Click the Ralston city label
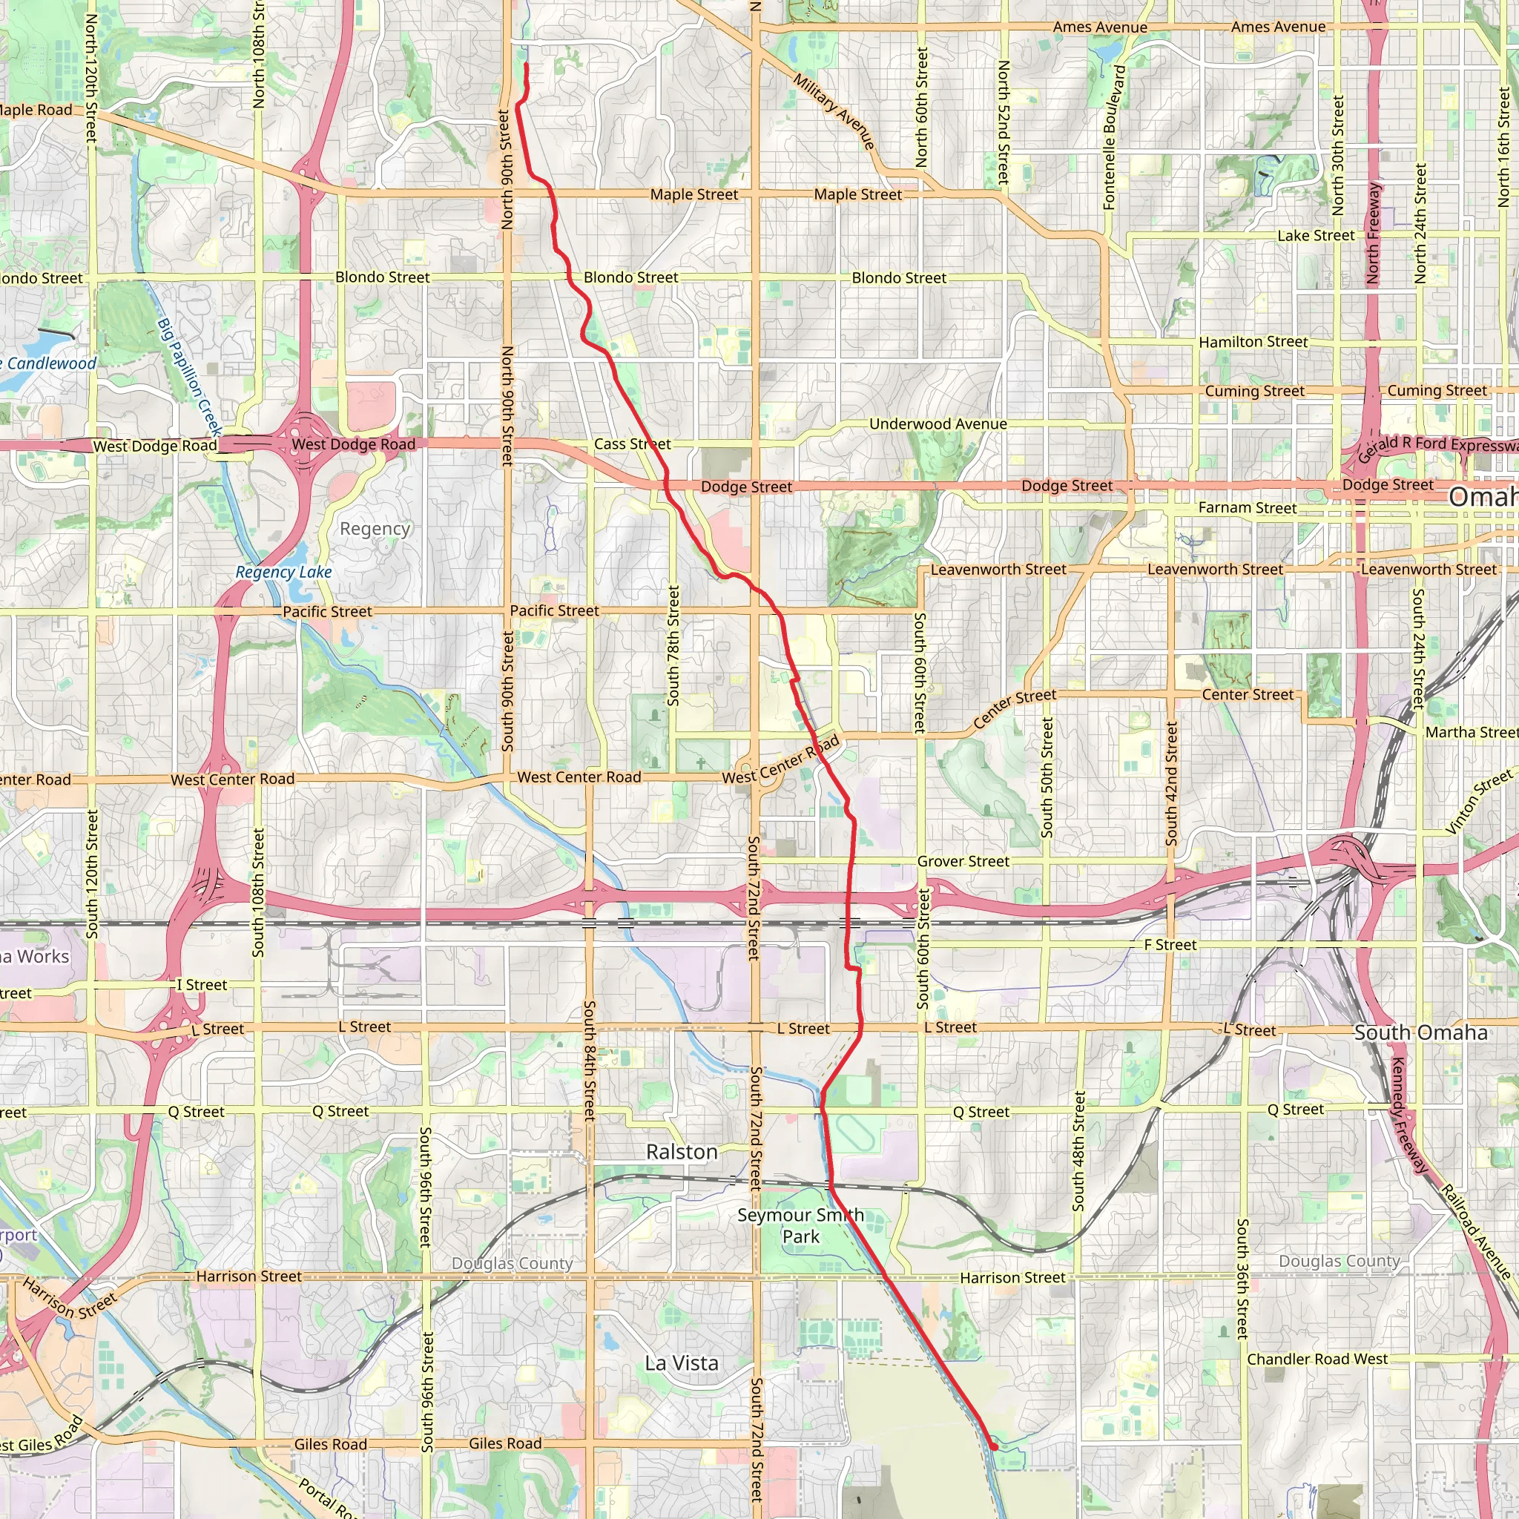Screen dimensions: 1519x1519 point(682,1153)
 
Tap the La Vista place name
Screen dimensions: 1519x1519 point(682,1363)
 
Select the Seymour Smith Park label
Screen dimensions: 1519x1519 point(800,1226)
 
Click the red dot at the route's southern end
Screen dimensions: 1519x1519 point(994,1446)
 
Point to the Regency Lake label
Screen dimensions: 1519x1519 point(284,573)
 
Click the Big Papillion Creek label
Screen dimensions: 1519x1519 point(188,378)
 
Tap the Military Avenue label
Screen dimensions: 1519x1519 point(834,111)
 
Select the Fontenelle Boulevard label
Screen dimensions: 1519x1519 point(1114,138)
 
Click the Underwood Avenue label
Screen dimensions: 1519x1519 point(938,424)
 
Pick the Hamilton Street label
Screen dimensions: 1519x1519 point(1253,342)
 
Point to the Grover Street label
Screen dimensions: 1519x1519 point(963,862)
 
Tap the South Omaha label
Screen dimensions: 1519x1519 point(1420,1033)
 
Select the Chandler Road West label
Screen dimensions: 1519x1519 point(1318,1360)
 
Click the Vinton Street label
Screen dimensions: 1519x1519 point(1478,801)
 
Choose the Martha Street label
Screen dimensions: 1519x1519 point(1471,733)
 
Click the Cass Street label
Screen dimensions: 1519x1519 point(632,444)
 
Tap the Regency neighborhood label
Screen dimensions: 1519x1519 point(375,529)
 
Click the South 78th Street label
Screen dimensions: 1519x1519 point(673,645)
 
